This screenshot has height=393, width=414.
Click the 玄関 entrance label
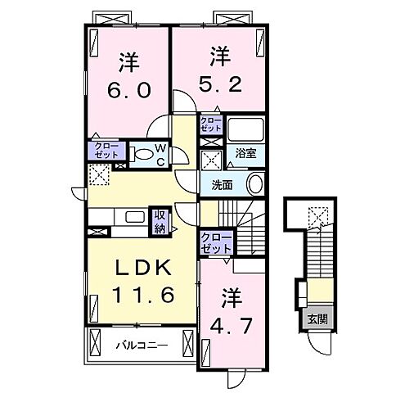pyautogui.click(x=316, y=319)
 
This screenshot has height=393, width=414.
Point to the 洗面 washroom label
pyautogui.click(x=223, y=185)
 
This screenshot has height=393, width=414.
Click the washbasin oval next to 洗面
pyautogui.click(x=255, y=184)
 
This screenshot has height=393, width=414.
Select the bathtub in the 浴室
pyautogui.click(x=245, y=130)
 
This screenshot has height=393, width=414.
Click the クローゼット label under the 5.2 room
pyautogui.click(x=211, y=125)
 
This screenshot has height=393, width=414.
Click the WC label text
pyautogui.click(x=161, y=153)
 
